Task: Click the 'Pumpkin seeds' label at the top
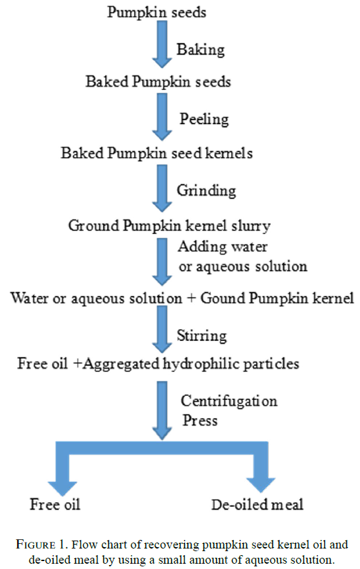point(157,13)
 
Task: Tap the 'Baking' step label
point(201,50)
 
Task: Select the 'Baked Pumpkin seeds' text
point(158,82)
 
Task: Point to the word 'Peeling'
point(204,120)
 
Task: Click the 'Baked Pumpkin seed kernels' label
point(157,153)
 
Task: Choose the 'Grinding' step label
point(206,190)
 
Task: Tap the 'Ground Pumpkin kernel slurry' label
point(169,225)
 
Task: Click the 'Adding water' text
point(223,247)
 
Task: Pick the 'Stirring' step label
point(202,335)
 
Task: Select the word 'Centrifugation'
point(229,401)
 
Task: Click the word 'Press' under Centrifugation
point(199,420)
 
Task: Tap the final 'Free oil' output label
point(55,504)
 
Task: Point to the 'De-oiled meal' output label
point(258,504)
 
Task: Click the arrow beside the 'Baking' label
point(162,44)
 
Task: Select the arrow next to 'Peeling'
point(162,117)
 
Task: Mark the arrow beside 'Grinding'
point(162,188)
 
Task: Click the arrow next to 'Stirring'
point(162,329)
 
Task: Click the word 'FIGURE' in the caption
point(36,545)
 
